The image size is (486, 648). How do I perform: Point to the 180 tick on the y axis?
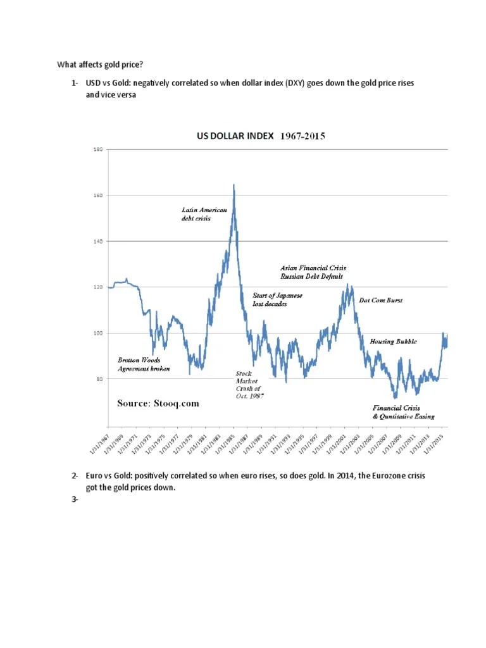point(97,150)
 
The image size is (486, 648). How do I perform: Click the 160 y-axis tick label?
point(97,196)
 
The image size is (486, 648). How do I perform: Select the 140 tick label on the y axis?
point(97,241)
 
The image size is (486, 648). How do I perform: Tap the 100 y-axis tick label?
point(97,333)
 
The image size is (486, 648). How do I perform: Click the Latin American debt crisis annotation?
point(200,214)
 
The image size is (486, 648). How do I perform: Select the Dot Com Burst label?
point(380,300)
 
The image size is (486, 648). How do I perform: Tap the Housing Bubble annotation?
point(393,342)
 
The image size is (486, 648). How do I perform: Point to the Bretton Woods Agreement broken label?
point(144,364)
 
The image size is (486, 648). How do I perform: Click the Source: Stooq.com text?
point(158,403)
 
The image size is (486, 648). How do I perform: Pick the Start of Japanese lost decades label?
point(277,300)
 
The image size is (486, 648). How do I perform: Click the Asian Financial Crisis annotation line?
point(313,268)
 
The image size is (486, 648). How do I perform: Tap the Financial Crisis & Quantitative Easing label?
point(403,412)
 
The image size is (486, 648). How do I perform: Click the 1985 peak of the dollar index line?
point(234,185)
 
